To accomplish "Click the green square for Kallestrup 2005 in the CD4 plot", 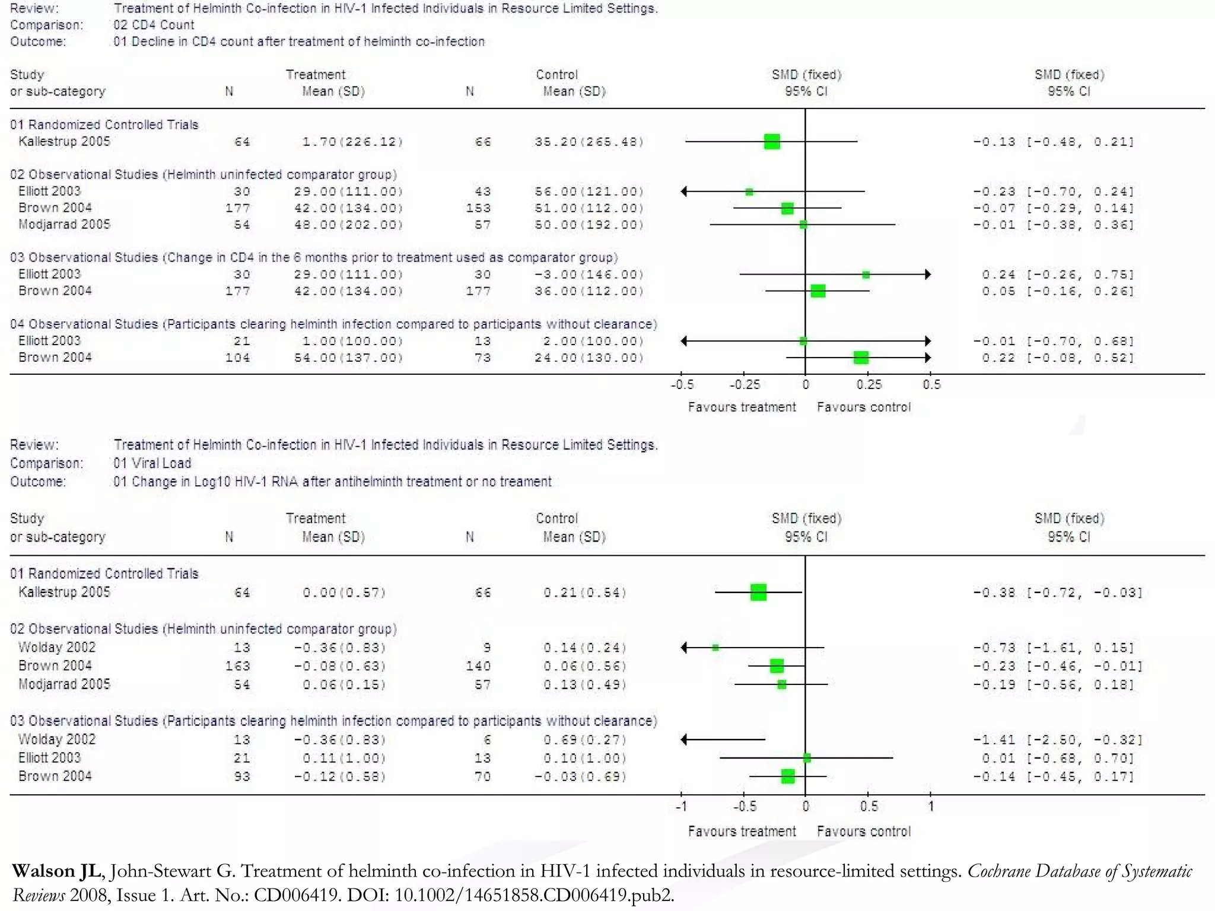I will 772,142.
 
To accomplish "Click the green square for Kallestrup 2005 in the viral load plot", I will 758,592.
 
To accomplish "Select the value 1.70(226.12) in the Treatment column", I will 352,142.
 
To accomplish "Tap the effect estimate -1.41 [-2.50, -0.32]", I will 1057,740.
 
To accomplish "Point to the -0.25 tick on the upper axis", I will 744,384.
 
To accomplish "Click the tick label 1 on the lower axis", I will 931,807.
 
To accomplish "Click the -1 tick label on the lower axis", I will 681,807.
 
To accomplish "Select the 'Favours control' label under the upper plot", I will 863,407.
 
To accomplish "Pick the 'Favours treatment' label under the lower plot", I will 742,832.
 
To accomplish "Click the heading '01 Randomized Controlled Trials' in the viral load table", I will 104,574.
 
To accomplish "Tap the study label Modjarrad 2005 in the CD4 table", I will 64,224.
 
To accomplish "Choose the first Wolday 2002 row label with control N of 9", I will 57,647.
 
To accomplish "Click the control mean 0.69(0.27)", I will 584,740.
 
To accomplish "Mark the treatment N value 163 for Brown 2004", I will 237,666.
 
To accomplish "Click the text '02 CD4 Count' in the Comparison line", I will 154,25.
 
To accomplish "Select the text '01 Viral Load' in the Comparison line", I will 152,463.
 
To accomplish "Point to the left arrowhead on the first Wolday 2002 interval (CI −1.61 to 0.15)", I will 684,648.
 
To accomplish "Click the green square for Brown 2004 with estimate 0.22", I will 861,358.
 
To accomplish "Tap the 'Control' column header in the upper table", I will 556,75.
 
